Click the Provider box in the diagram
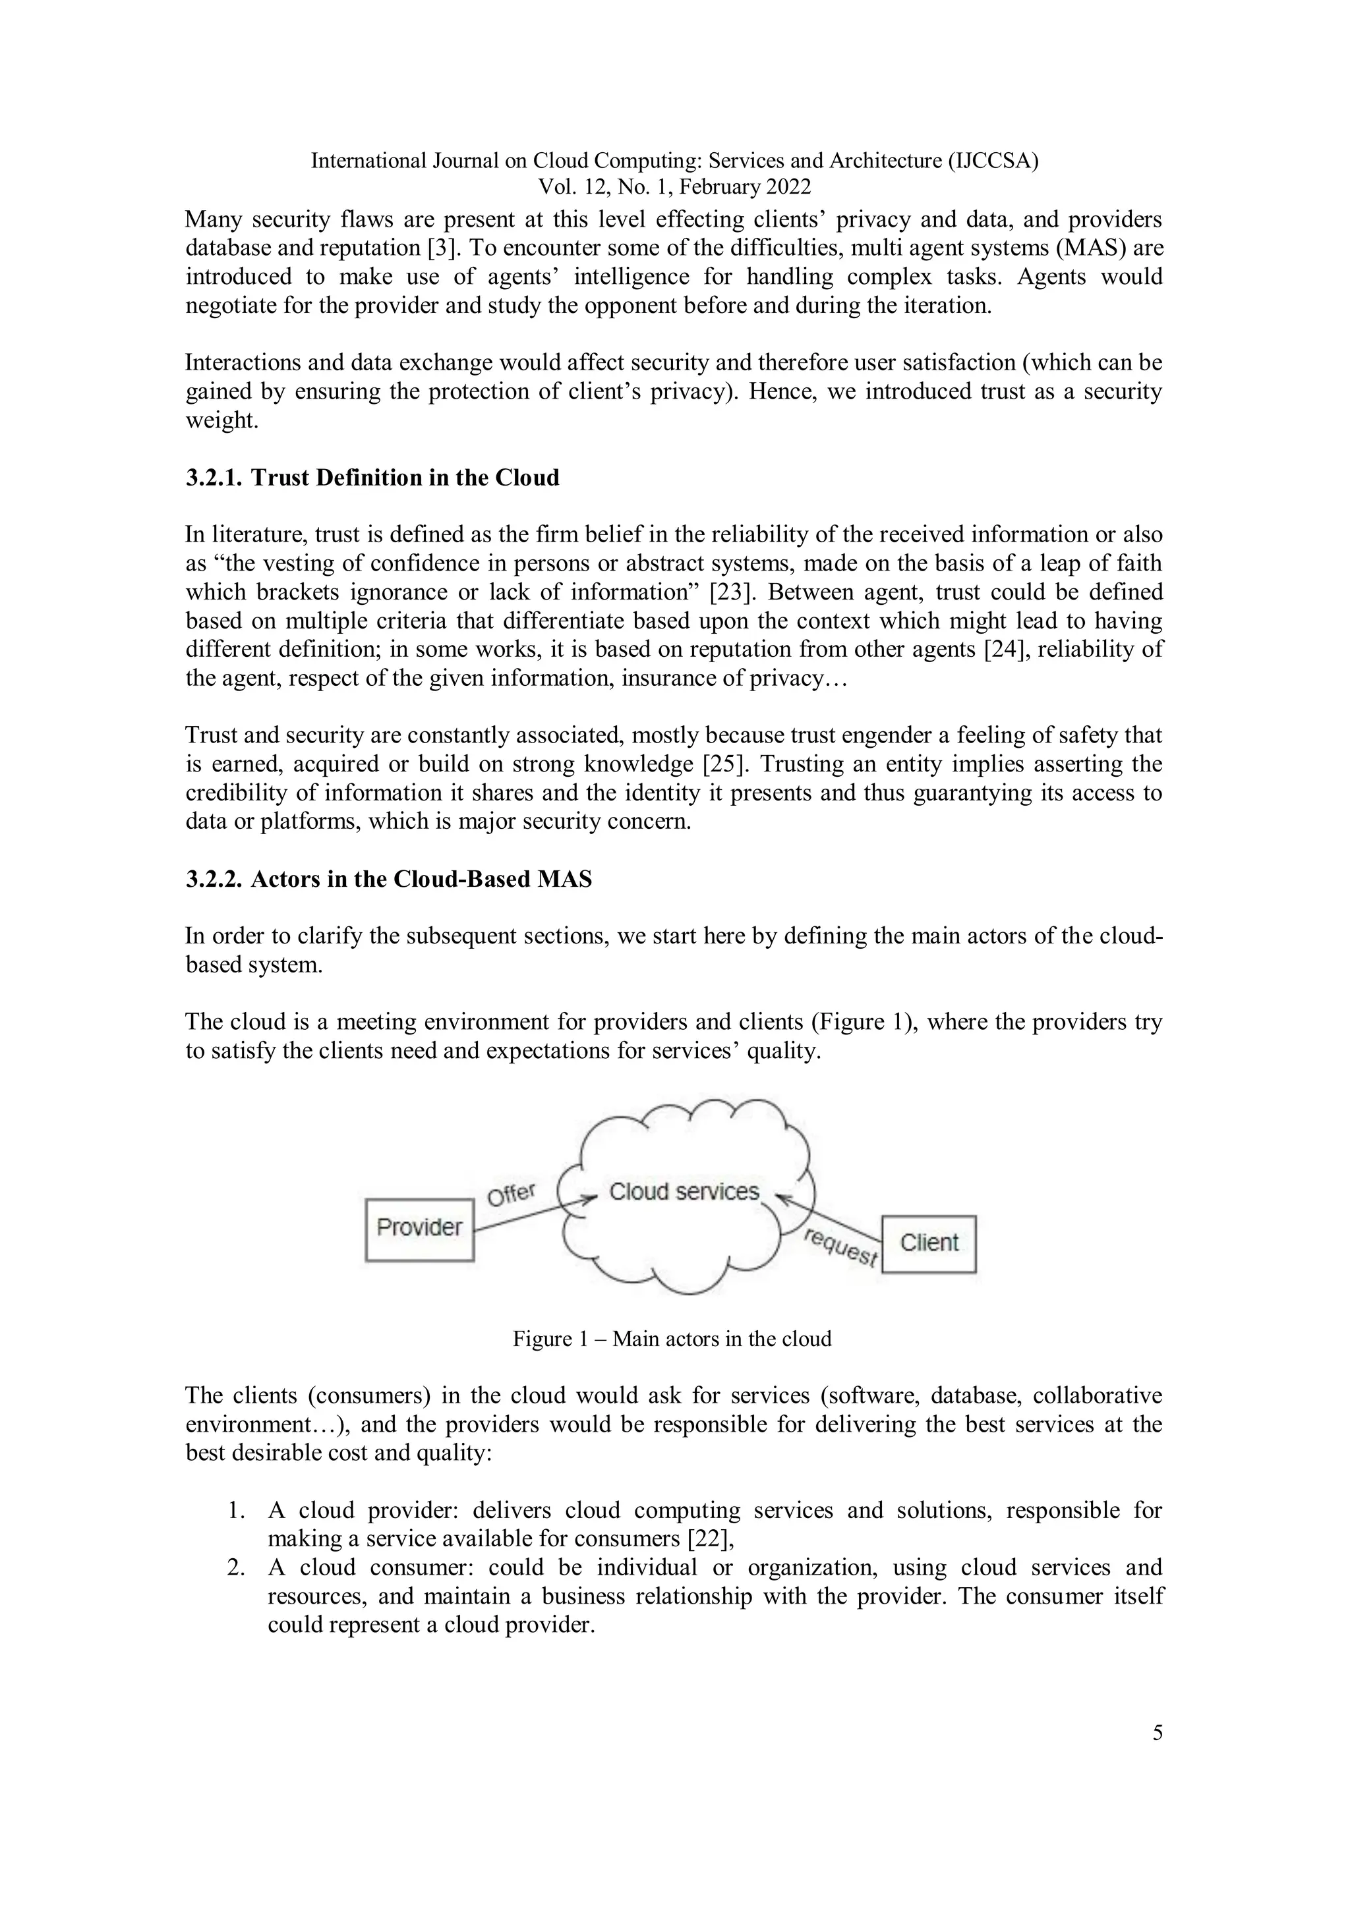tap(420, 1228)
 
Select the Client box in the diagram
tap(929, 1243)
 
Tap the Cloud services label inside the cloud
tap(684, 1192)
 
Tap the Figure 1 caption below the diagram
tap(672, 1339)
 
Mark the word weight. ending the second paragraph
tap(222, 420)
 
